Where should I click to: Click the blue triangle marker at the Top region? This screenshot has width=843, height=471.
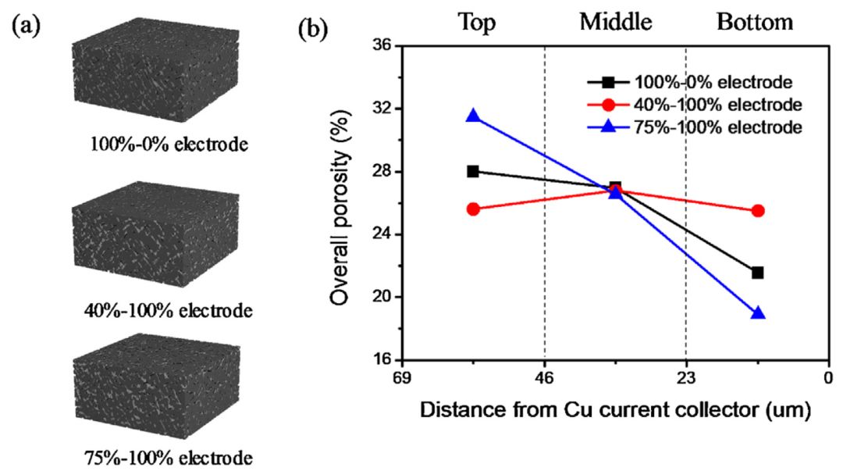(x=472, y=116)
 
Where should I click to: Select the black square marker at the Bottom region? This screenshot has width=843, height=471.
(x=757, y=273)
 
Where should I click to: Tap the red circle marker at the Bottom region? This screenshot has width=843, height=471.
(x=757, y=211)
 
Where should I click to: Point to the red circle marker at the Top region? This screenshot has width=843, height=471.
(x=472, y=209)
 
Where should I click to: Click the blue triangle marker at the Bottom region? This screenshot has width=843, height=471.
(x=757, y=313)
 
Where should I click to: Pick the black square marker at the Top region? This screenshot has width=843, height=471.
(x=472, y=171)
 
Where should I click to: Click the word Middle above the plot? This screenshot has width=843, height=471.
(x=615, y=22)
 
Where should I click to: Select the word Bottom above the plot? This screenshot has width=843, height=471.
(x=755, y=22)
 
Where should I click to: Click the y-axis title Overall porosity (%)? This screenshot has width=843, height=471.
(x=338, y=205)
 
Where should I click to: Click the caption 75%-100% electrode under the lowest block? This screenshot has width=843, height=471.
(x=167, y=456)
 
